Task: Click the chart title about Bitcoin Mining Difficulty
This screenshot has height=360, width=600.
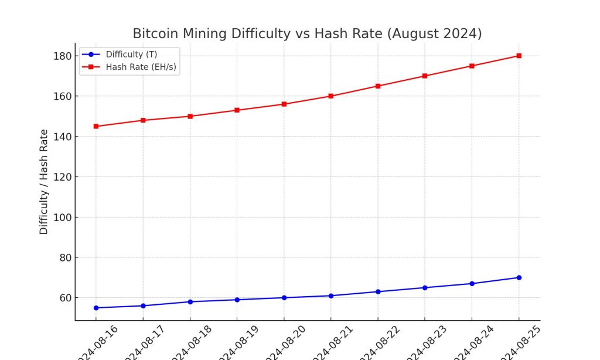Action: point(307,33)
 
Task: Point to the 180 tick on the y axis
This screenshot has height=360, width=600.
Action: point(63,56)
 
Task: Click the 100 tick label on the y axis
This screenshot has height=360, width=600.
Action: point(63,218)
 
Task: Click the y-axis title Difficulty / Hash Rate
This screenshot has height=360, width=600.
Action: point(44,182)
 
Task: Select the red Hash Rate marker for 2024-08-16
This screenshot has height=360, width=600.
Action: point(96,126)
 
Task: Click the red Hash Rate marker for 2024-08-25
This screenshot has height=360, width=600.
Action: point(519,56)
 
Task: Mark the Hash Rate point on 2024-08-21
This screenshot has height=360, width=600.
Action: point(331,96)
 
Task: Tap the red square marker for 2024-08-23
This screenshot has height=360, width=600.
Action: point(425,76)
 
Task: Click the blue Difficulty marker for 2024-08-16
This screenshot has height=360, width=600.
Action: point(96,308)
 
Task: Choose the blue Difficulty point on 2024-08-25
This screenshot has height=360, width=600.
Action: point(519,277)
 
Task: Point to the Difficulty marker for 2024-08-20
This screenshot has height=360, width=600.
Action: point(284,298)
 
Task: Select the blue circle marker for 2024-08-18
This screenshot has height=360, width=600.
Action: point(190,302)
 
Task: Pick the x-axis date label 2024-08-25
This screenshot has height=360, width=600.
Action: point(517,342)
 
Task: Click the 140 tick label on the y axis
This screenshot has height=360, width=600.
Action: point(63,137)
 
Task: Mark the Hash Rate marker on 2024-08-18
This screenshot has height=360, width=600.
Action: point(190,116)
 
